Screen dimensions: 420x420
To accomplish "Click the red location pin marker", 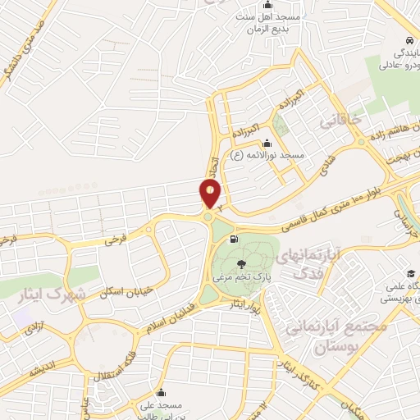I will pos(210,193).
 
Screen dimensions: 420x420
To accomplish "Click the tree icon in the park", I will pos(241,263).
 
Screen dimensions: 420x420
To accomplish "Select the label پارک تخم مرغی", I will pos(242,277).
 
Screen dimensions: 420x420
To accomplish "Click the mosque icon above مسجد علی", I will pos(160,391).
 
